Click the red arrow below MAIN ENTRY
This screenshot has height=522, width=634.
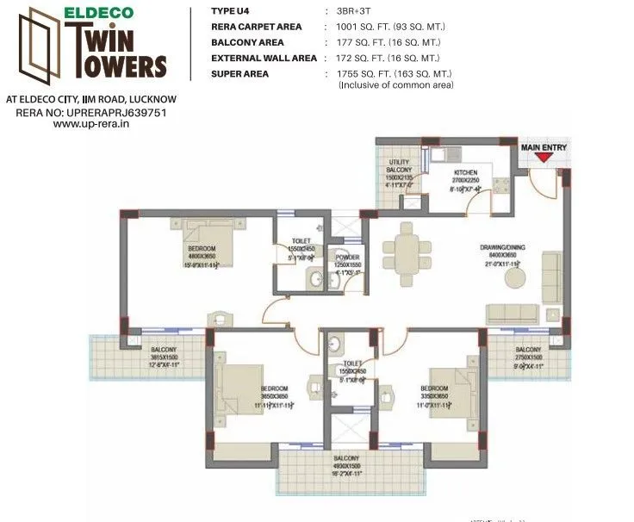click(543, 159)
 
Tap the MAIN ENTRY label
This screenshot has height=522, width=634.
click(544, 147)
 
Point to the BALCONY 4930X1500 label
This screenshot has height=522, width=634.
click(346, 463)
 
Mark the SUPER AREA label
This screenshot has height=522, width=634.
click(239, 74)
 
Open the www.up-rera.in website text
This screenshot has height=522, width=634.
click(90, 124)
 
